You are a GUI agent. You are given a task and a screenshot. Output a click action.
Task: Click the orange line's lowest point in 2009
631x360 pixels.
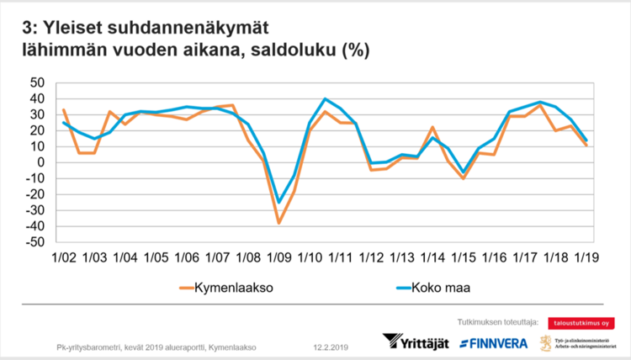click(278, 223)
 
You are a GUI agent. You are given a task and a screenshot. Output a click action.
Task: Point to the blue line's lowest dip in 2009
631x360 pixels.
click(278, 202)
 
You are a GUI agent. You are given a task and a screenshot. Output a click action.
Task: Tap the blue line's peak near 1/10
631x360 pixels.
click(325, 99)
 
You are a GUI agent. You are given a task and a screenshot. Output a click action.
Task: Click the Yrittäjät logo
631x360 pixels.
click(417, 342)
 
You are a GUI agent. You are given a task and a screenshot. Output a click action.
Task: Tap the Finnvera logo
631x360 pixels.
click(493, 342)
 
